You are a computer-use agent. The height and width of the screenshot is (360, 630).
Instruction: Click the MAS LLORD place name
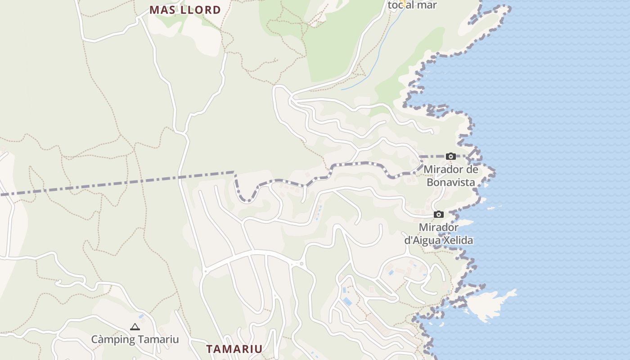185,10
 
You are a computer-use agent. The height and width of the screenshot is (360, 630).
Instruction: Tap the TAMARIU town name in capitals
234,349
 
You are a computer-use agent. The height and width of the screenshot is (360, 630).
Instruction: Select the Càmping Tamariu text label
135,339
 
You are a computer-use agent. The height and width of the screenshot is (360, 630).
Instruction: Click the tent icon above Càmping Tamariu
135,327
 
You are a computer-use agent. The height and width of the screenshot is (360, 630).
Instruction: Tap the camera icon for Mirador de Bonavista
450,157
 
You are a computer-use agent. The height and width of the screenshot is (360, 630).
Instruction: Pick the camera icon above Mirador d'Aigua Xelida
439,215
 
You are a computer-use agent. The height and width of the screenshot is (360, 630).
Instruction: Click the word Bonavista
451,182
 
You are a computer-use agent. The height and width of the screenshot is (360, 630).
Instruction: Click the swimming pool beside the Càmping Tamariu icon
142,317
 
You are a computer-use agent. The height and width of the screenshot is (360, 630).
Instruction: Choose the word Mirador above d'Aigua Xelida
439,227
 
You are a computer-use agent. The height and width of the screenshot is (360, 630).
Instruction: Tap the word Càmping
110,339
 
